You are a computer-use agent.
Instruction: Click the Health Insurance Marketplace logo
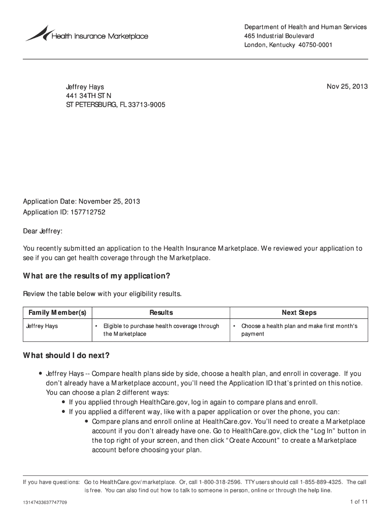(87, 35)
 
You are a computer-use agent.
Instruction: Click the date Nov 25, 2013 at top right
(347, 87)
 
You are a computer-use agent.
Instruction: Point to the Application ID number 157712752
(89, 212)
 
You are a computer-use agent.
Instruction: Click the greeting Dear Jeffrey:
(43, 232)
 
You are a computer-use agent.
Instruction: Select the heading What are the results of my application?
(96, 276)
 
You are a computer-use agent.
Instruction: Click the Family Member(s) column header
(57, 313)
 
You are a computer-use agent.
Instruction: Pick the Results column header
(161, 313)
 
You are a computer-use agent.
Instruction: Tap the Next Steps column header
(299, 313)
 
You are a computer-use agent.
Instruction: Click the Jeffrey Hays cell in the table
(42, 326)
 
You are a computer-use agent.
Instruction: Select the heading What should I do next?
(67, 355)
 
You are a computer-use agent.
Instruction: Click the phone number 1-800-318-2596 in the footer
(220, 482)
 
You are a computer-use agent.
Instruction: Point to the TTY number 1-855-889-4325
(321, 482)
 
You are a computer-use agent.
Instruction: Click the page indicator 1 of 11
(358, 502)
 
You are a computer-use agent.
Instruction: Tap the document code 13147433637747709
(45, 503)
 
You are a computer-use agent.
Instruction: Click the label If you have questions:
(51, 482)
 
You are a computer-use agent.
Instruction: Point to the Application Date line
(81, 202)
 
